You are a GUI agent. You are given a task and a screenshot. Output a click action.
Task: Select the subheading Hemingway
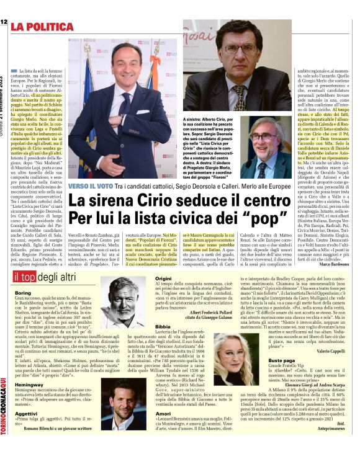pos(29,385)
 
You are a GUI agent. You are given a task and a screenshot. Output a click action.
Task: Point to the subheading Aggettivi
pos(26,413)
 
